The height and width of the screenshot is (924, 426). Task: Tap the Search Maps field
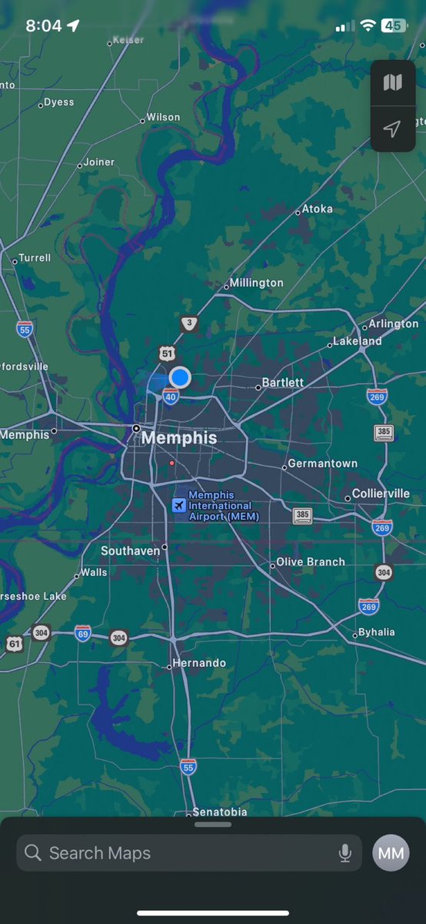(x=177, y=853)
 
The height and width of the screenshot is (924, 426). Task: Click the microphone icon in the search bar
(x=345, y=853)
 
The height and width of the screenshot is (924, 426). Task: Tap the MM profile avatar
(x=391, y=853)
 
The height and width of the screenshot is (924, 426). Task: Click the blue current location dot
(x=180, y=377)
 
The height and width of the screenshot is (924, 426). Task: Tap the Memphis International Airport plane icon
(x=178, y=505)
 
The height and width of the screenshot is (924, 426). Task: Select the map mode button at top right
(x=392, y=82)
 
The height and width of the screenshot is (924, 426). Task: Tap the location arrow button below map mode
(x=392, y=129)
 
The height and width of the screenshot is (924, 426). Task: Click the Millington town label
(x=256, y=283)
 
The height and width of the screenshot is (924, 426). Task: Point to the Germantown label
(x=322, y=464)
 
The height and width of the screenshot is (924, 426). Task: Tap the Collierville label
(x=381, y=494)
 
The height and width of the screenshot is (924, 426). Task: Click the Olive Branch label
(x=311, y=562)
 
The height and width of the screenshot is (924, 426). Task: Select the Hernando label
(x=199, y=663)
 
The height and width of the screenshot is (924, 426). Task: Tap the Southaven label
(x=131, y=551)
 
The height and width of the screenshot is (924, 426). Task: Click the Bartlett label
(x=282, y=383)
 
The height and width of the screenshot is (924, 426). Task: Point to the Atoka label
(x=317, y=209)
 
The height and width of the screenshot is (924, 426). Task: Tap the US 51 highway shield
(x=168, y=353)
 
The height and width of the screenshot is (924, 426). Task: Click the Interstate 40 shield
(x=170, y=397)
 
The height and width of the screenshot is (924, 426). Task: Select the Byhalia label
(x=376, y=632)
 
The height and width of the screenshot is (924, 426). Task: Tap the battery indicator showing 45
(x=394, y=25)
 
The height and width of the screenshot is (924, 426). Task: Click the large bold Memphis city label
(x=179, y=438)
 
